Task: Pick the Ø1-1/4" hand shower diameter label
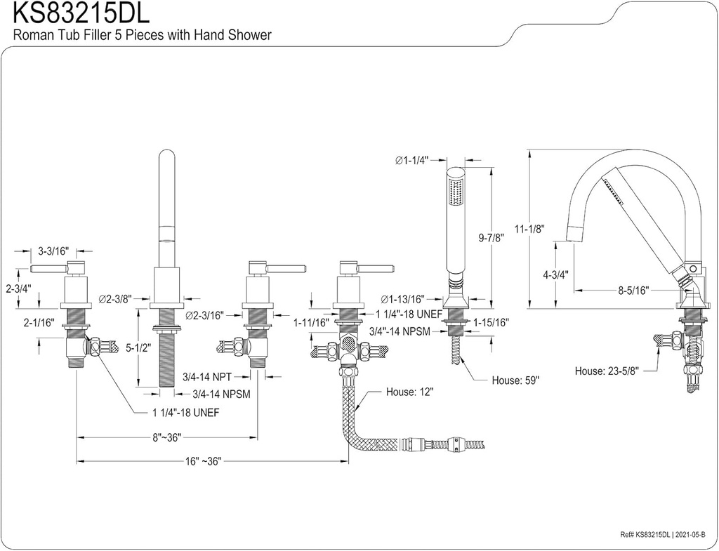coord(411,161)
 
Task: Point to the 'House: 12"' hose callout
coord(410,392)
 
